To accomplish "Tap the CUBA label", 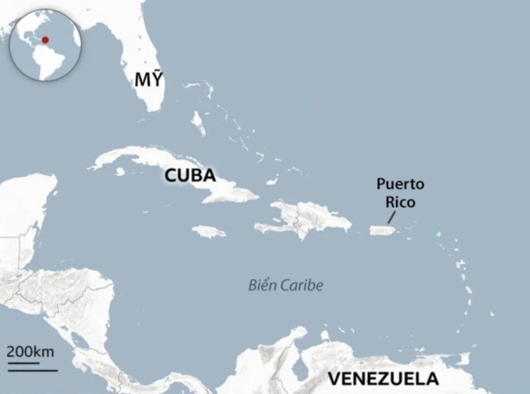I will click(189, 176).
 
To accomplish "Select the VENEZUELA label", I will click(383, 379).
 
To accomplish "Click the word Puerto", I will click(400, 185).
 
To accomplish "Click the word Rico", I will click(404, 202).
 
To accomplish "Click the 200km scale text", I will click(31, 351).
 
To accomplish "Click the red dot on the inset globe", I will click(45, 40).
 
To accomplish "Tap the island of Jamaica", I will click(209, 231).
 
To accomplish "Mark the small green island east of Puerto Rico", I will click(438, 233).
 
